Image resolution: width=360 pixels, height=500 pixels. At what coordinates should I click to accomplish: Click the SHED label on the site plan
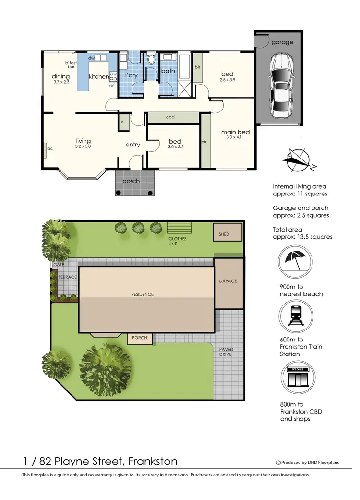point(224,234)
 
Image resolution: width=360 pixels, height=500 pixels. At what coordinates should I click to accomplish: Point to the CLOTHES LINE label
point(177,241)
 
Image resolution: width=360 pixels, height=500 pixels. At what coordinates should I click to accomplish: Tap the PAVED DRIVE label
point(226,352)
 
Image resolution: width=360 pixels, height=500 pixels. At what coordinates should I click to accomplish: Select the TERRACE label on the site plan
point(67,277)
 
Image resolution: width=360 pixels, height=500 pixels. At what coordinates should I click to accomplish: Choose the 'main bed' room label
point(235,132)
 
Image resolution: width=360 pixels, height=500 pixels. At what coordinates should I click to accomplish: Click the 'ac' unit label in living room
point(50,148)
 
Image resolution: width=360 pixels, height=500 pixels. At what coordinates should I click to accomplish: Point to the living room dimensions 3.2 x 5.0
point(83,146)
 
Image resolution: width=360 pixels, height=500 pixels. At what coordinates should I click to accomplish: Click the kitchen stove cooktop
point(114,76)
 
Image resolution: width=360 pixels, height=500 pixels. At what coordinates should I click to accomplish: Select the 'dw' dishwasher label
point(91,58)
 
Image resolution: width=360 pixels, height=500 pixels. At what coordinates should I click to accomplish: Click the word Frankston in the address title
point(152,462)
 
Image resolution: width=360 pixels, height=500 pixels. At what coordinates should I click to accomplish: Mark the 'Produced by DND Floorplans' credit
point(307,463)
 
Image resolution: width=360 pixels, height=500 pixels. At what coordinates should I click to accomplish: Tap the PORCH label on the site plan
point(140,338)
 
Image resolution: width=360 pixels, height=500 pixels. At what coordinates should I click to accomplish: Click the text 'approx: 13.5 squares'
point(302,237)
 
